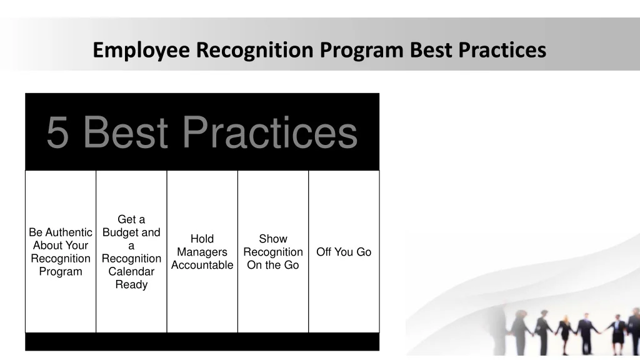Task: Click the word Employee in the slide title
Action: pyautogui.click(x=142, y=50)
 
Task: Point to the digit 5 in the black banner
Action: pyautogui.click(x=57, y=133)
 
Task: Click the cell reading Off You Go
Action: pyautogui.click(x=344, y=252)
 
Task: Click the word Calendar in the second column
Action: pyautogui.click(x=131, y=272)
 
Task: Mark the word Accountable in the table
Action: pyautogui.click(x=202, y=265)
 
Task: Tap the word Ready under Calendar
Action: pyautogui.click(x=131, y=285)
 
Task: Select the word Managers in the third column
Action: pyautogui.click(x=202, y=252)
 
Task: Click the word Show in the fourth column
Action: pyautogui.click(x=273, y=239)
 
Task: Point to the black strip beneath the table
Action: pyautogui.click(x=202, y=341)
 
